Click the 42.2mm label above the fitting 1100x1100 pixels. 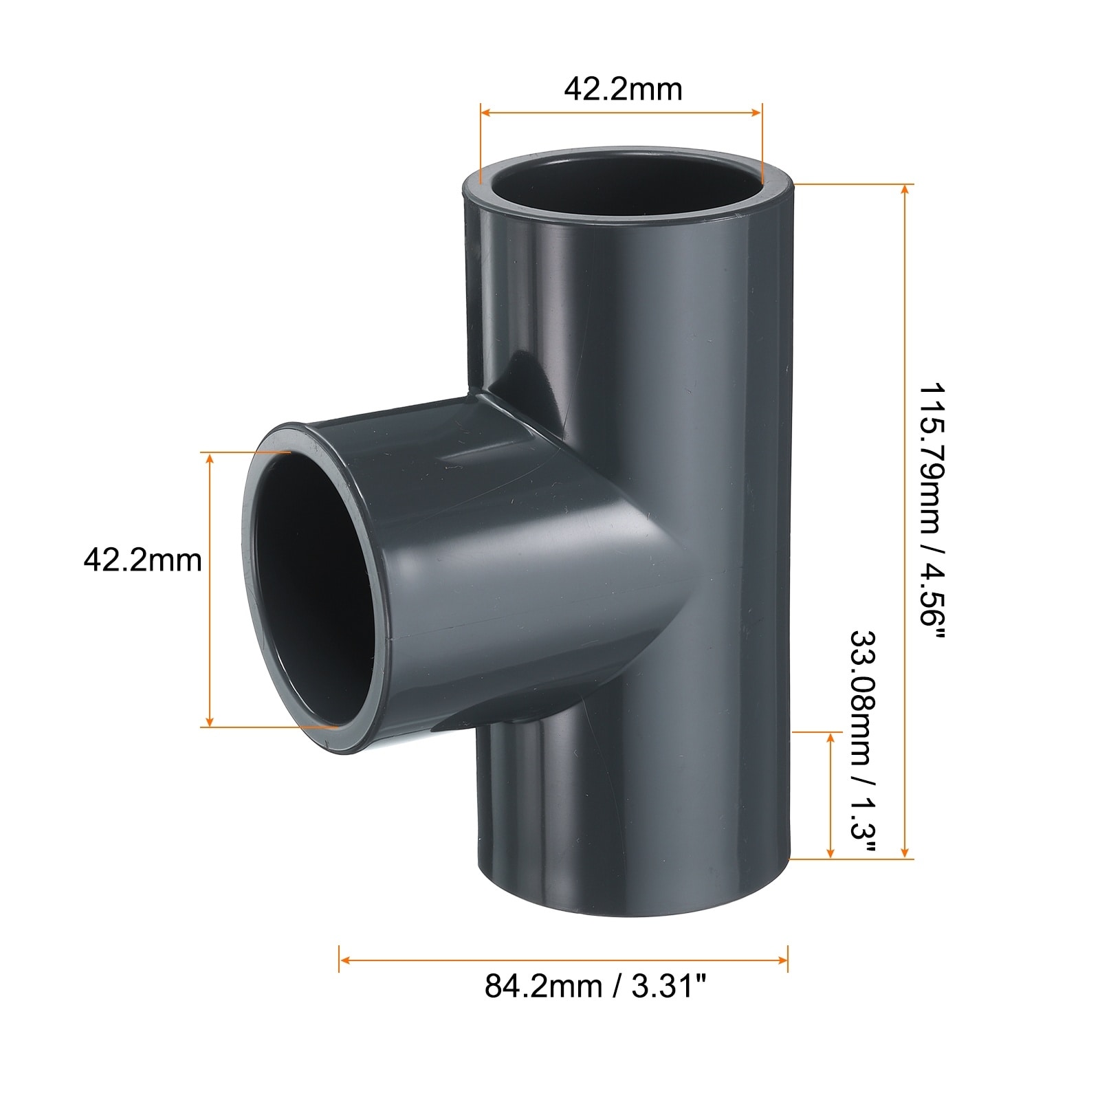(623, 89)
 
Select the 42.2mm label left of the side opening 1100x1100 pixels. (143, 560)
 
